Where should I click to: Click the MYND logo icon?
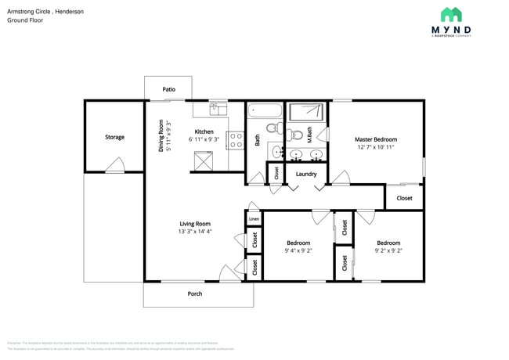(450, 14)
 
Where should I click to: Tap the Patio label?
(168, 89)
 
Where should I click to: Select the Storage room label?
(114, 137)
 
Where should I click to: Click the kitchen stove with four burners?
(234, 140)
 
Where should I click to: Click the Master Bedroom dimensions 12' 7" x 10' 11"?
(374, 146)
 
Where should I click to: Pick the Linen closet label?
(253, 219)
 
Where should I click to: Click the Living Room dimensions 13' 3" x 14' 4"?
(195, 232)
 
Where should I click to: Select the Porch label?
(194, 293)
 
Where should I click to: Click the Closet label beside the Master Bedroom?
(404, 198)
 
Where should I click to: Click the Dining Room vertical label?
(161, 135)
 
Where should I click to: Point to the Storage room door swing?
(115, 165)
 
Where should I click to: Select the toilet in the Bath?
(273, 128)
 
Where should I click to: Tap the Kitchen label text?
(204, 131)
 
